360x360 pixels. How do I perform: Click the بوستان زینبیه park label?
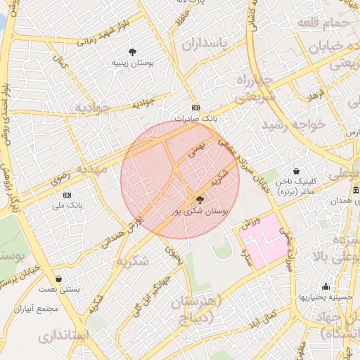click(134, 63)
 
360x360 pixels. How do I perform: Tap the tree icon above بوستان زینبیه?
click(133, 51)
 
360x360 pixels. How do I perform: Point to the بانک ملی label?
click(67, 206)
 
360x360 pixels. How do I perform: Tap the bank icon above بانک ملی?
click(67, 194)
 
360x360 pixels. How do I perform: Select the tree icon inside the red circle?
click(199, 200)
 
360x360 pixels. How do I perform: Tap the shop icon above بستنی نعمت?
click(58, 278)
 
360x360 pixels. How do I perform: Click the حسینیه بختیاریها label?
click(326, 297)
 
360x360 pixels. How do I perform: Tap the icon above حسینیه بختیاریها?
click(326, 286)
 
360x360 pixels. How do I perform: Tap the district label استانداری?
click(59, 335)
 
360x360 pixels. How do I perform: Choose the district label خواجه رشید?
click(292, 125)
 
